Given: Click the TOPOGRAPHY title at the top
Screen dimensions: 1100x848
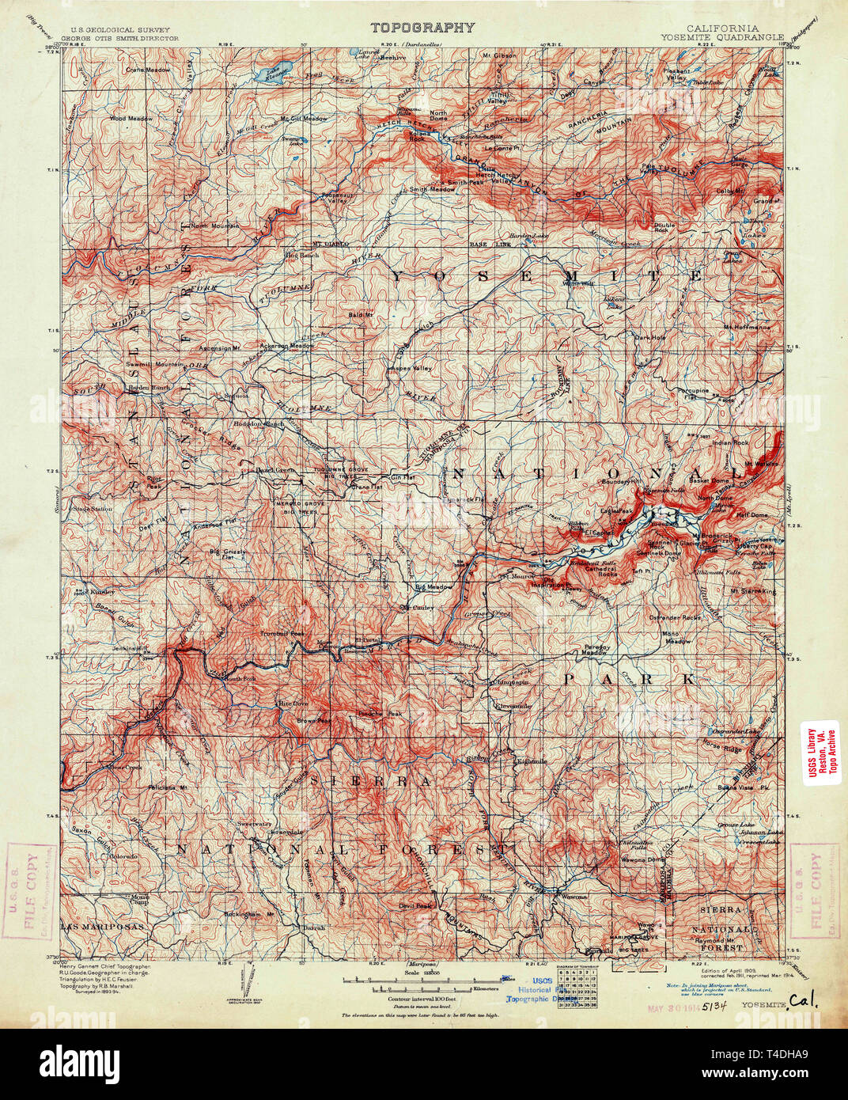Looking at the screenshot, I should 423,28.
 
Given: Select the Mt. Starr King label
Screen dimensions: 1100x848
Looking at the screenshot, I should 753,590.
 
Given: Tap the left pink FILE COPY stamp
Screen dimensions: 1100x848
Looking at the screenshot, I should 32,890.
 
